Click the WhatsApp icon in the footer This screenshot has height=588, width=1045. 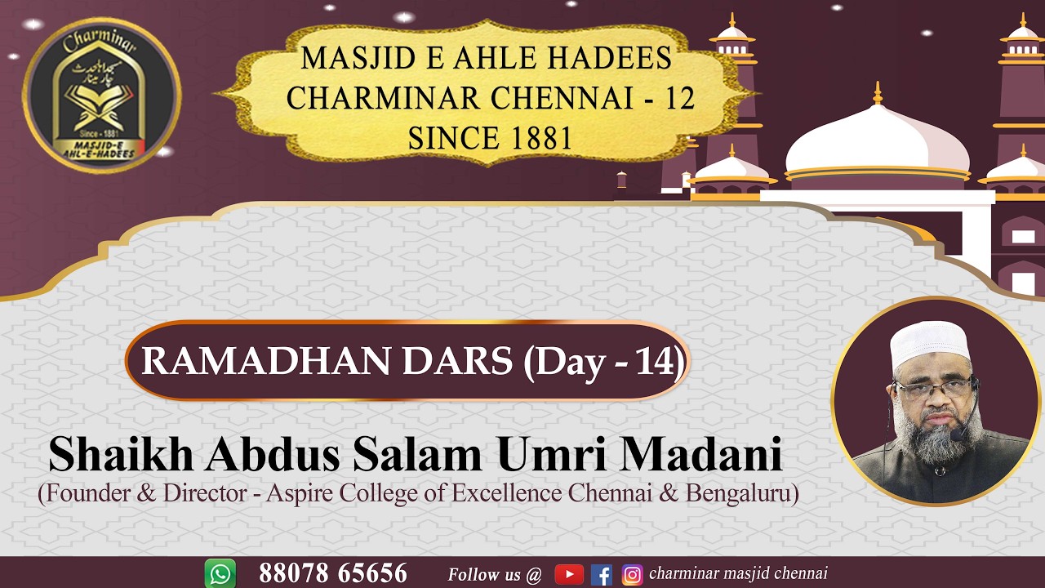(220, 574)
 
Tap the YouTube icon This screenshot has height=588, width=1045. (569, 575)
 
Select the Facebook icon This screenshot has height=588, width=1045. (602, 575)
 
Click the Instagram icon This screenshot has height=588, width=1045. (632, 575)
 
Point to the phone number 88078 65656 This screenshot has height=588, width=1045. (333, 574)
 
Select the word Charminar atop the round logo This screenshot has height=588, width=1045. (102, 38)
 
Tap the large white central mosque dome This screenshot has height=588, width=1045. (878, 143)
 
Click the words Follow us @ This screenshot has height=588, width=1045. (495, 575)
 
